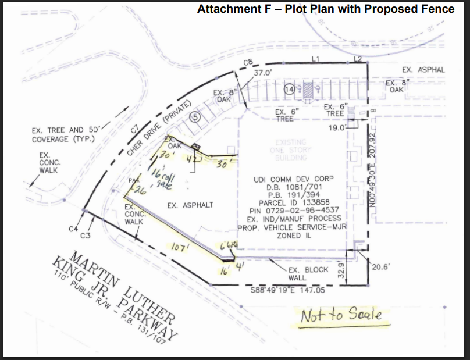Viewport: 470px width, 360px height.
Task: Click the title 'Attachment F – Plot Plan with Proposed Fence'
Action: tap(326, 9)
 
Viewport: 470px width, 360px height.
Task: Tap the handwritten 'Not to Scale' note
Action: tap(341, 315)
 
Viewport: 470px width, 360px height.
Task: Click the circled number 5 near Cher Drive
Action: tap(195, 117)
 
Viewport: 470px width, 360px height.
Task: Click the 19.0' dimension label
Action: tap(337, 127)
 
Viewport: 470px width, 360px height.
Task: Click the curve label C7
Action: tap(135, 129)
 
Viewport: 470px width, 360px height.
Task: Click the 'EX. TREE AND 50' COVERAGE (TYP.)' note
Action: tap(66, 135)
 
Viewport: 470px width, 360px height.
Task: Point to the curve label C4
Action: tap(73, 229)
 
